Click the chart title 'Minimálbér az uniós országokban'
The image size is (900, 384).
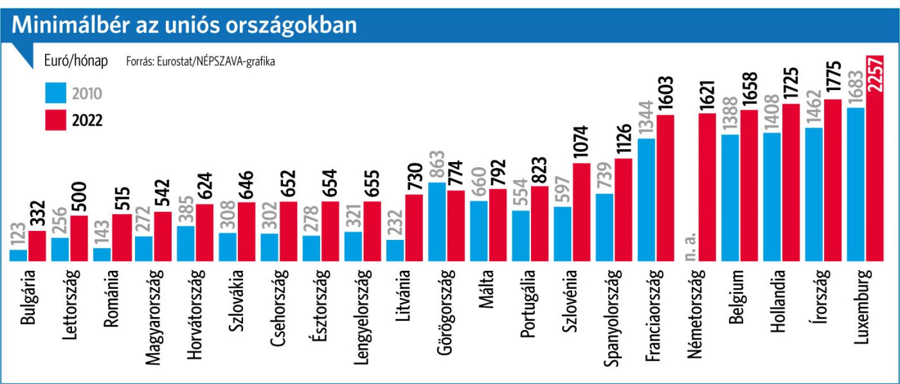point(184,25)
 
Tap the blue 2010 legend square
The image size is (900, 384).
point(56,93)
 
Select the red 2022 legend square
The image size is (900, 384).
point(56,120)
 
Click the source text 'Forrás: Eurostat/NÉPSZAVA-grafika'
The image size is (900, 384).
point(200,61)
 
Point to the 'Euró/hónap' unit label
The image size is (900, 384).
point(76,60)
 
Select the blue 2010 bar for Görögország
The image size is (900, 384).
point(437,221)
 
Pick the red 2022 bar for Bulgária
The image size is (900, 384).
point(37,245)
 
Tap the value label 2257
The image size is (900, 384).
point(875,74)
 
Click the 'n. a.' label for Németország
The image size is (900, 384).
point(690,245)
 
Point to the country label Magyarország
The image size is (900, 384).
point(153,316)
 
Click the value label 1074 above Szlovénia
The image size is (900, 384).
point(581,141)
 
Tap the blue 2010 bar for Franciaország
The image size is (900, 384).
point(646,199)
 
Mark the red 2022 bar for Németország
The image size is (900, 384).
point(707,187)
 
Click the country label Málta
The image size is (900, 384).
point(486,289)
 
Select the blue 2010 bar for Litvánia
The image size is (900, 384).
point(395,250)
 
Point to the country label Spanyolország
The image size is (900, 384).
point(611,318)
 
